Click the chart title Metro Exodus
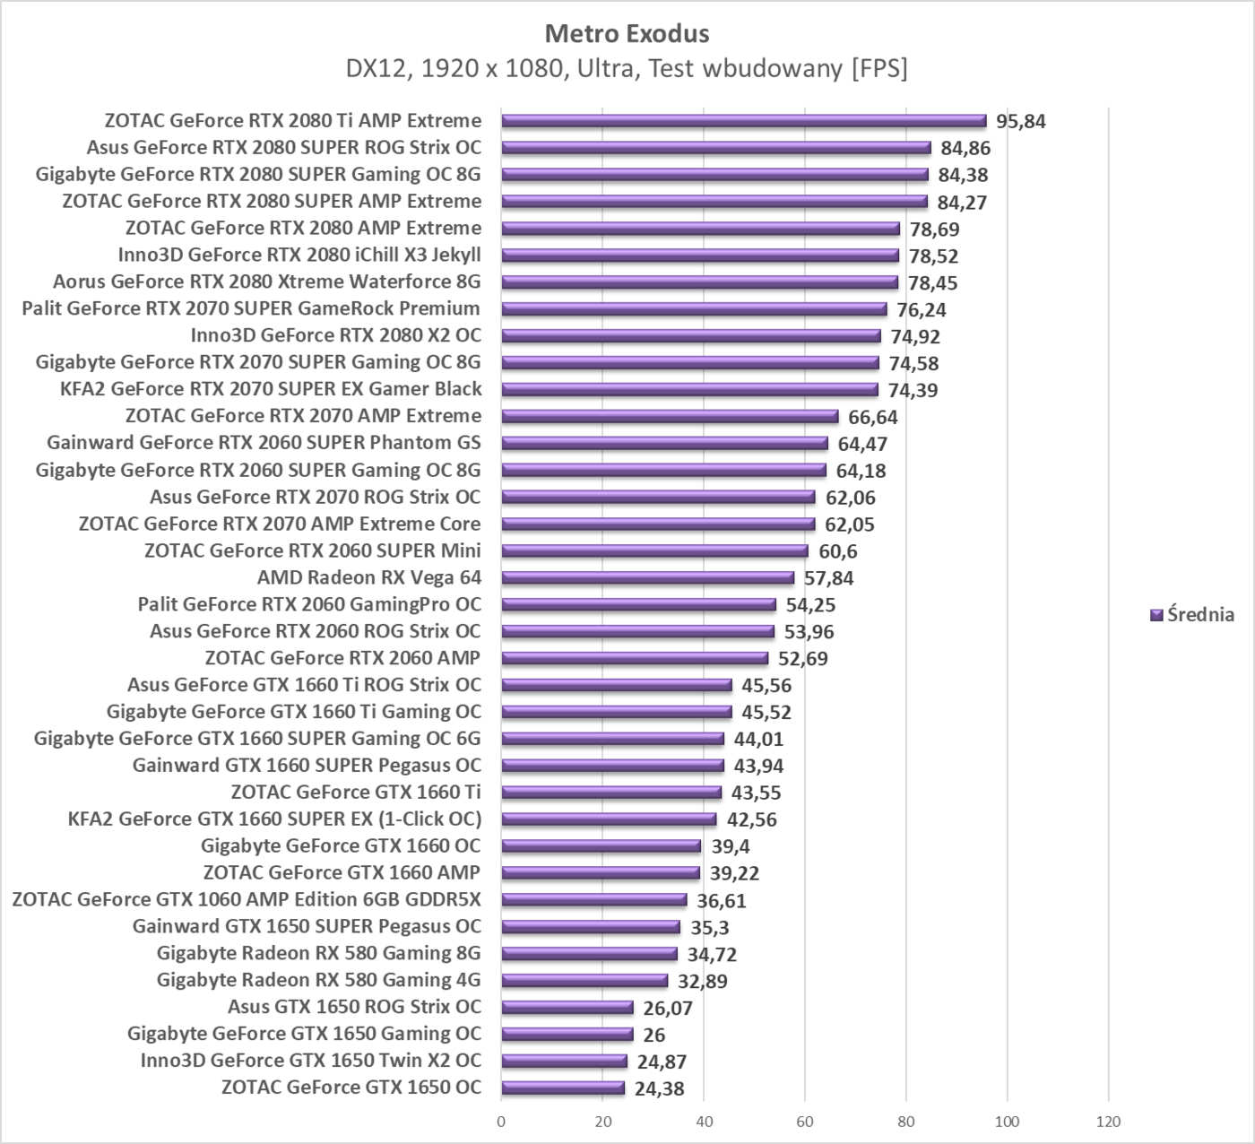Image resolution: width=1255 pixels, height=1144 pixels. pos(627,34)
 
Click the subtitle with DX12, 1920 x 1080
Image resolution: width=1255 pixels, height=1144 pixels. pos(627,69)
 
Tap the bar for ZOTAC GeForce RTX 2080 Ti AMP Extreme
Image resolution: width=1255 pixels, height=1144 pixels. pos(743,121)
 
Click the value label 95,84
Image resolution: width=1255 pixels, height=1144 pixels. pos(1020,122)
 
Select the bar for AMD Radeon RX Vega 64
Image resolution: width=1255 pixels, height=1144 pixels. pos(647,578)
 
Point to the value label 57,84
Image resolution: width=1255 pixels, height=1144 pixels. pos(828,578)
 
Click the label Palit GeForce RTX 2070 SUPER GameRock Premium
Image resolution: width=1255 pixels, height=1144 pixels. pos(251,308)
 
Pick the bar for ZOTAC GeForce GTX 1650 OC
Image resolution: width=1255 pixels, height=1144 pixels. pos(563,1088)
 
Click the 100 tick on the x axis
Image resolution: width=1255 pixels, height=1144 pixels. pos(1007,1122)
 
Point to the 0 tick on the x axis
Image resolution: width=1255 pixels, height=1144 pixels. pos(501,1122)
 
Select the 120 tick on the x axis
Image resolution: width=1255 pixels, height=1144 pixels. pos(1108,1122)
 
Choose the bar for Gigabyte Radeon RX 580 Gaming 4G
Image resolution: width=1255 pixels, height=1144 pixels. pos(584,981)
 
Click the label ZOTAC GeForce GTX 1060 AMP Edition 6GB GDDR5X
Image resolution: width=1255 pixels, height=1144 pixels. pos(247,899)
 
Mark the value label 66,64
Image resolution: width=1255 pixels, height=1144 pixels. pos(873,417)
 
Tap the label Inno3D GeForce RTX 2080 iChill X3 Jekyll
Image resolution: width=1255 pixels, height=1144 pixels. pos(299,255)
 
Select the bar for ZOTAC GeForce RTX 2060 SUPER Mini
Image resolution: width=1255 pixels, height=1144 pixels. pos(654,551)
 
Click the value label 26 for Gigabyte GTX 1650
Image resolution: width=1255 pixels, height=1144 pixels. pos(654,1036)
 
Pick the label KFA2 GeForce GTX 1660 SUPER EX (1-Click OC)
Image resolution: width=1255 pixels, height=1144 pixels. pos(274,819)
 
